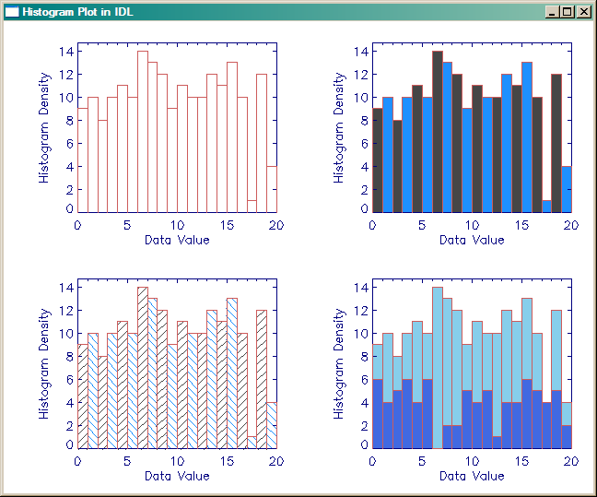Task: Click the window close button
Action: point(584,12)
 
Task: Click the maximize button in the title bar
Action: point(568,12)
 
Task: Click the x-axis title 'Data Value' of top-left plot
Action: point(177,240)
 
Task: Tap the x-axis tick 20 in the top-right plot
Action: point(570,225)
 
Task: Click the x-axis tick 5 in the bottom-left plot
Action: point(127,461)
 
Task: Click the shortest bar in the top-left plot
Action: point(252,206)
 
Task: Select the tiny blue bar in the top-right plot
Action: point(546,206)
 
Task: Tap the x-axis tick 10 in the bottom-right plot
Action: point(472,461)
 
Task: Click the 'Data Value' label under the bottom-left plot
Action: point(177,476)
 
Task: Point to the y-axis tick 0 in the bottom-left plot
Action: point(66,445)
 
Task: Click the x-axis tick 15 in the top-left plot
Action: point(227,225)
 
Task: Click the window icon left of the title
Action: point(12,12)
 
